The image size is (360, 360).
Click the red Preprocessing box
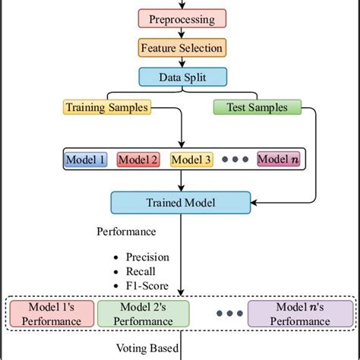(x=182, y=19)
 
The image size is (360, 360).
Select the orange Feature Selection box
(x=182, y=48)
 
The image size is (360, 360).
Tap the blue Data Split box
(x=182, y=77)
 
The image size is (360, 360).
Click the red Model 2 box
(x=137, y=159)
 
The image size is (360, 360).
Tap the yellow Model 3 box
(x=191, y=159)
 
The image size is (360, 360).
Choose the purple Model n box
(x=279, y=159)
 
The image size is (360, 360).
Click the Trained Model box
(x=180, y=203)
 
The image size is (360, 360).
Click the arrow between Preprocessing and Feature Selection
(x=182, y=33)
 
